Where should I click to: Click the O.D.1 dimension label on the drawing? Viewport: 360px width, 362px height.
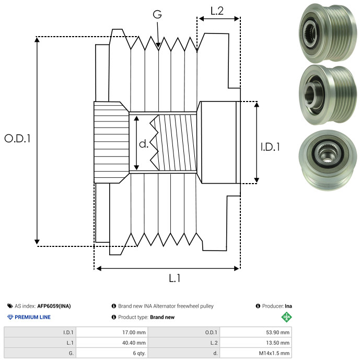[x=17, y=138]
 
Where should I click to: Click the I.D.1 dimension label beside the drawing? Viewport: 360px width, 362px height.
[x=270, y=147]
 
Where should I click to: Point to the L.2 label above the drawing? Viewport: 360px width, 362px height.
[x=217, y=11]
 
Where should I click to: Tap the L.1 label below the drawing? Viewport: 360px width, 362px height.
[x=175, y=278]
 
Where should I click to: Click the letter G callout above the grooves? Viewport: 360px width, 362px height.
[x=157, y=14]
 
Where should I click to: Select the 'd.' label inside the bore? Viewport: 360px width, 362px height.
[x=144, y=144]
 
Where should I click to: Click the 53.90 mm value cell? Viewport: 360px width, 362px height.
[x=256, y=332]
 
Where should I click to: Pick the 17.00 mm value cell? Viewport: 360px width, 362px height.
[x=112, y=332]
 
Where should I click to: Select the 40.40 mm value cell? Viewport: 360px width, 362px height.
[x=112, y=343]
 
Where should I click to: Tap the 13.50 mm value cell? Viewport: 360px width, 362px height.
[x=256, y=343]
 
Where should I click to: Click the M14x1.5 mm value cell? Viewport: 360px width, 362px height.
[x=256, y=353]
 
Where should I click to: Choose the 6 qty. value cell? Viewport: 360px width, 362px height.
[x=112, y=353]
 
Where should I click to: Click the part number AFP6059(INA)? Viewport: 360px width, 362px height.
[x=54, y=306]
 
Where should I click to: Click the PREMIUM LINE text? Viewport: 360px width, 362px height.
[x=32, y=317]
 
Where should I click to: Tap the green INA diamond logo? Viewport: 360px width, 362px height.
[x=286, y=317]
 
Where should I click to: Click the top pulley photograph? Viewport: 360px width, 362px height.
[x=328, y=33]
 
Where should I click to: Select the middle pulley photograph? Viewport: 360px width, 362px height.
[x=328, y=95]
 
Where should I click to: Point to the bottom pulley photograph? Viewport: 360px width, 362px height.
[x=328, y=160]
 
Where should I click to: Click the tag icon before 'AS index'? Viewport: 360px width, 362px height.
[x=10, y=306]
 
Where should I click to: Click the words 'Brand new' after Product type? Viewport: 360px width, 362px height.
[x=162, y=317]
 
